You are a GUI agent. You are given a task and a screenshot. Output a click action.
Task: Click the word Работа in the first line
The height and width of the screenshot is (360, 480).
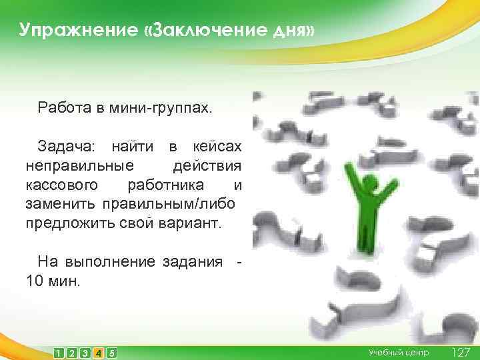(x=63, y=107)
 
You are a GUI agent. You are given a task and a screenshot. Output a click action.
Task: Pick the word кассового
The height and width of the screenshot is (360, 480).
(x=63, y=183)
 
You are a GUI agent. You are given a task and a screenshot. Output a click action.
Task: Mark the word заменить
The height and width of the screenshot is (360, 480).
(x=61, y=201)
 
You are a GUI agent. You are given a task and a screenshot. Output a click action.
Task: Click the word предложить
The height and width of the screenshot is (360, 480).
(x=67, y=220)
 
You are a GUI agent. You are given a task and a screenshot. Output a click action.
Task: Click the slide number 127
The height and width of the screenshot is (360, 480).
(x=461, y=352)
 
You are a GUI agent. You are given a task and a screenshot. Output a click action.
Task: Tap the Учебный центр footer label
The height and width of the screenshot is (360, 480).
(x=399, y=353)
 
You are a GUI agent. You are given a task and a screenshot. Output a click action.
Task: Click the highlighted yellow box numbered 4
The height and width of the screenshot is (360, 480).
(x=98, y=353)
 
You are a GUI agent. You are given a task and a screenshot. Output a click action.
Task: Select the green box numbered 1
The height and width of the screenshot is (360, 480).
(x=59, y=353)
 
